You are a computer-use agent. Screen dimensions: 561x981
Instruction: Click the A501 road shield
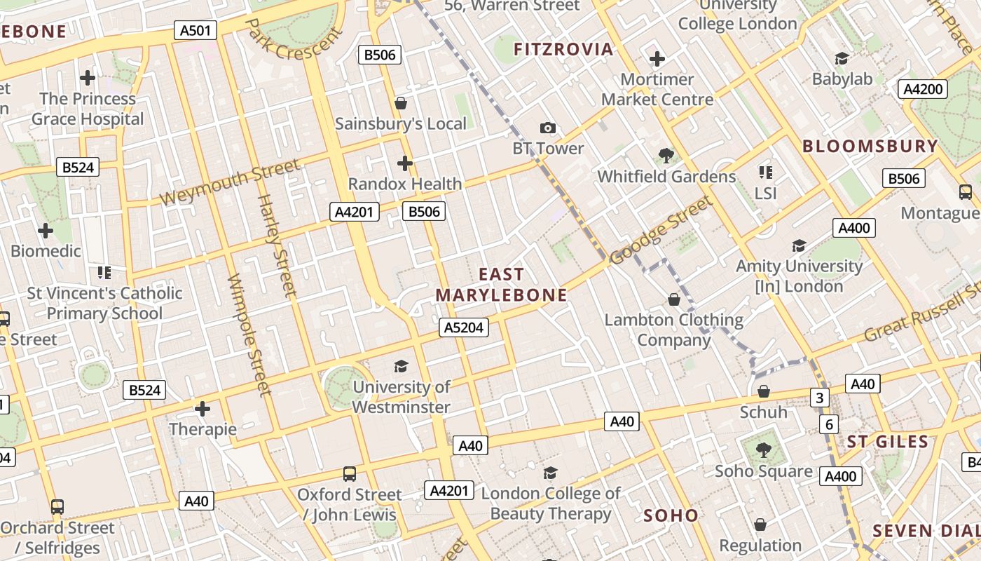point(195,30)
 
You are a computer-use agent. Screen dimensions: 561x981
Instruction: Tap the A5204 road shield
point(464,327)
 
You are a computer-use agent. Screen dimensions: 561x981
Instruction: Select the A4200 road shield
point(923,89)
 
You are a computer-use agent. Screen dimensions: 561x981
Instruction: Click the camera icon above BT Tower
point(548,128)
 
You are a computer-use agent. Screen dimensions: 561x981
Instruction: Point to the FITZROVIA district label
point(563,49)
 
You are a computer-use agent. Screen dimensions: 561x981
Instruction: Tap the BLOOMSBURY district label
point(870,146)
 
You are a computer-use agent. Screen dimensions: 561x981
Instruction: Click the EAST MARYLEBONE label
point(501,284)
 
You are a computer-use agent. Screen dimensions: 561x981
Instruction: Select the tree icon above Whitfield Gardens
point(666,156)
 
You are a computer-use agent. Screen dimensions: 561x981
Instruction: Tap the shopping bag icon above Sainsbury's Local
point(401,104)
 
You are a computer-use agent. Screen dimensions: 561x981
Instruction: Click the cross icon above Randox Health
point(405,163)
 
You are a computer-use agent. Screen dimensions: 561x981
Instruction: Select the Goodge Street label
point(661,231)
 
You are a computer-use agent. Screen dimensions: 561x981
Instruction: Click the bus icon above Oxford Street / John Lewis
point(350,474)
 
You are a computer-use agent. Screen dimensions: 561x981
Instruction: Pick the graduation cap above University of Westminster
point(401,366)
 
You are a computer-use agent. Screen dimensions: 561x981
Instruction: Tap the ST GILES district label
point(887,441)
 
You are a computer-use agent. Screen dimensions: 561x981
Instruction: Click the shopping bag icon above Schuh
point(764,391)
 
